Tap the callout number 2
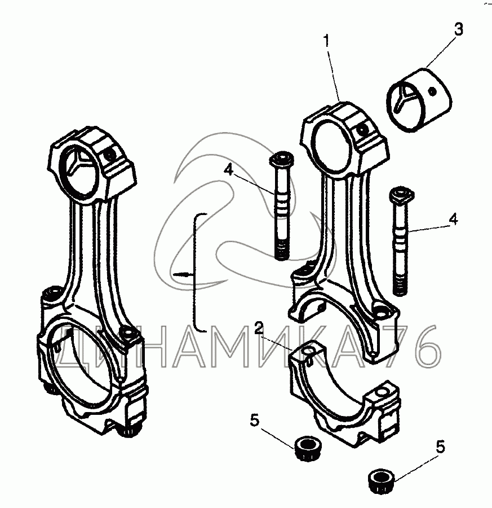259,327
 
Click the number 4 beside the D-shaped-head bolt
454,218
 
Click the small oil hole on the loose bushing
431,90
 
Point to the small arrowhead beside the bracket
183,274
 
